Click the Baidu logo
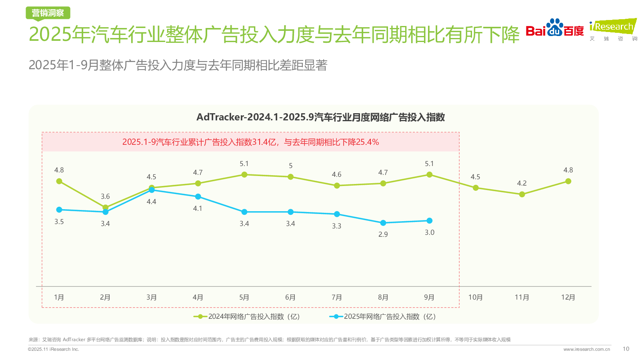(554, 28)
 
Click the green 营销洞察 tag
(48, 13)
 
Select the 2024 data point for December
(568, 181)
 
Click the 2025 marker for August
(383, 223)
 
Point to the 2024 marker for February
(105, 207)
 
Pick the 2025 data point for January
(59, 210)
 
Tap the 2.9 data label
(383, 234)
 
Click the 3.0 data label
(429, 232)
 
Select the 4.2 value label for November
(522, 183)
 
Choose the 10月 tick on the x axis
(476, 297)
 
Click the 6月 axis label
(290, 297)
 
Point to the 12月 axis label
(568, 297)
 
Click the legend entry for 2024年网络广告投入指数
(247, 316)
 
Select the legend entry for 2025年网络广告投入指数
(383, 316)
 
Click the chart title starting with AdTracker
(320, 117)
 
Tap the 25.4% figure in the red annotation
(367, 142)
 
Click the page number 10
(626, 349)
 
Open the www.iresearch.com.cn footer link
(586, 349)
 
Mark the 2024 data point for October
(476, 188)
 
